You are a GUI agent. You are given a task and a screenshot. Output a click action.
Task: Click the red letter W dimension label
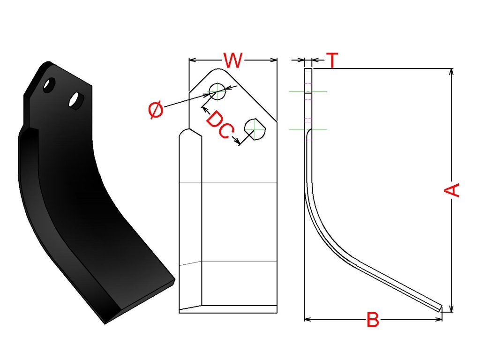click(x=232, y=60)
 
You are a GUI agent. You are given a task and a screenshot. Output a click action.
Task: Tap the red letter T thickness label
click(x=332, y=60)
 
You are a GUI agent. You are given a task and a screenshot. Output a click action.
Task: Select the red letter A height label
click(x=451, y=190)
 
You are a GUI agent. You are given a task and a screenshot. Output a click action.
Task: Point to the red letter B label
click(x=373, y=321)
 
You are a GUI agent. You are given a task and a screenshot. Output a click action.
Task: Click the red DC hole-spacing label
click(x=218, y=125)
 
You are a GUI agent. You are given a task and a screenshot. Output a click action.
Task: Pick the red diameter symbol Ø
click(x=156, y=111)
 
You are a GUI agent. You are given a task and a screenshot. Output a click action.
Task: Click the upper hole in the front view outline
click(x=217, y=91)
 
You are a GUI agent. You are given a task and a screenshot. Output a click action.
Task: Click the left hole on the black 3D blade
click(x=48, y=86)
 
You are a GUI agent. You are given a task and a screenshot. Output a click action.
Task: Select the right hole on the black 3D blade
click(x=75, y=100)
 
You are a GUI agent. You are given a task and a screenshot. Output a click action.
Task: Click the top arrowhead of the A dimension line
click(x=451, y=71)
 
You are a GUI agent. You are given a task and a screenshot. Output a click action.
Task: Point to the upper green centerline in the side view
click(x=308, y=91)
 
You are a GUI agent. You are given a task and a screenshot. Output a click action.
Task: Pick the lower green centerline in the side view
click(x=308, y=128)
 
